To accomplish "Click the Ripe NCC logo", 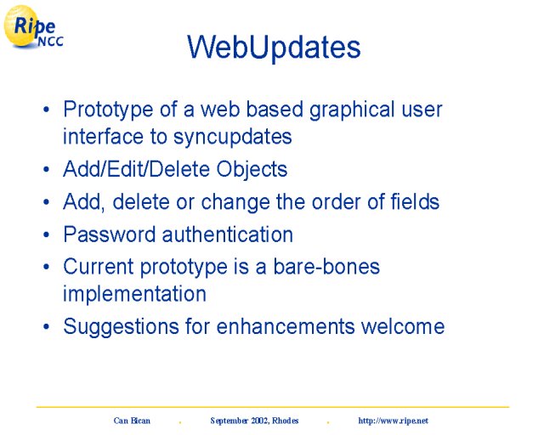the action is coord(33,27).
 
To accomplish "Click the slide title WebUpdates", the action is coord(274,48).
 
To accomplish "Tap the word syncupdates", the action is coord(232,138).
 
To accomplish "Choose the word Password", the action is coord(110,234).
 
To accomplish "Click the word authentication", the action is coord(228,234).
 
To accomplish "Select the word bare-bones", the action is coord(326,267).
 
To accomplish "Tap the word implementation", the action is coord(134,294).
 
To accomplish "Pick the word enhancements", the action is coord(286,327).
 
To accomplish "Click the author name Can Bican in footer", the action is coord(132,421).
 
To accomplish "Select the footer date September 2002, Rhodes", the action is coord(254,421).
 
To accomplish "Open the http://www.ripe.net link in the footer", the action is coord(393,421).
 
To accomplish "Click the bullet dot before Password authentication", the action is coord(47,234).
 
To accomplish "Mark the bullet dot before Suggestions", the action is coord(47,327).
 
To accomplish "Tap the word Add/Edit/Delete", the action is coord(137,170).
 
